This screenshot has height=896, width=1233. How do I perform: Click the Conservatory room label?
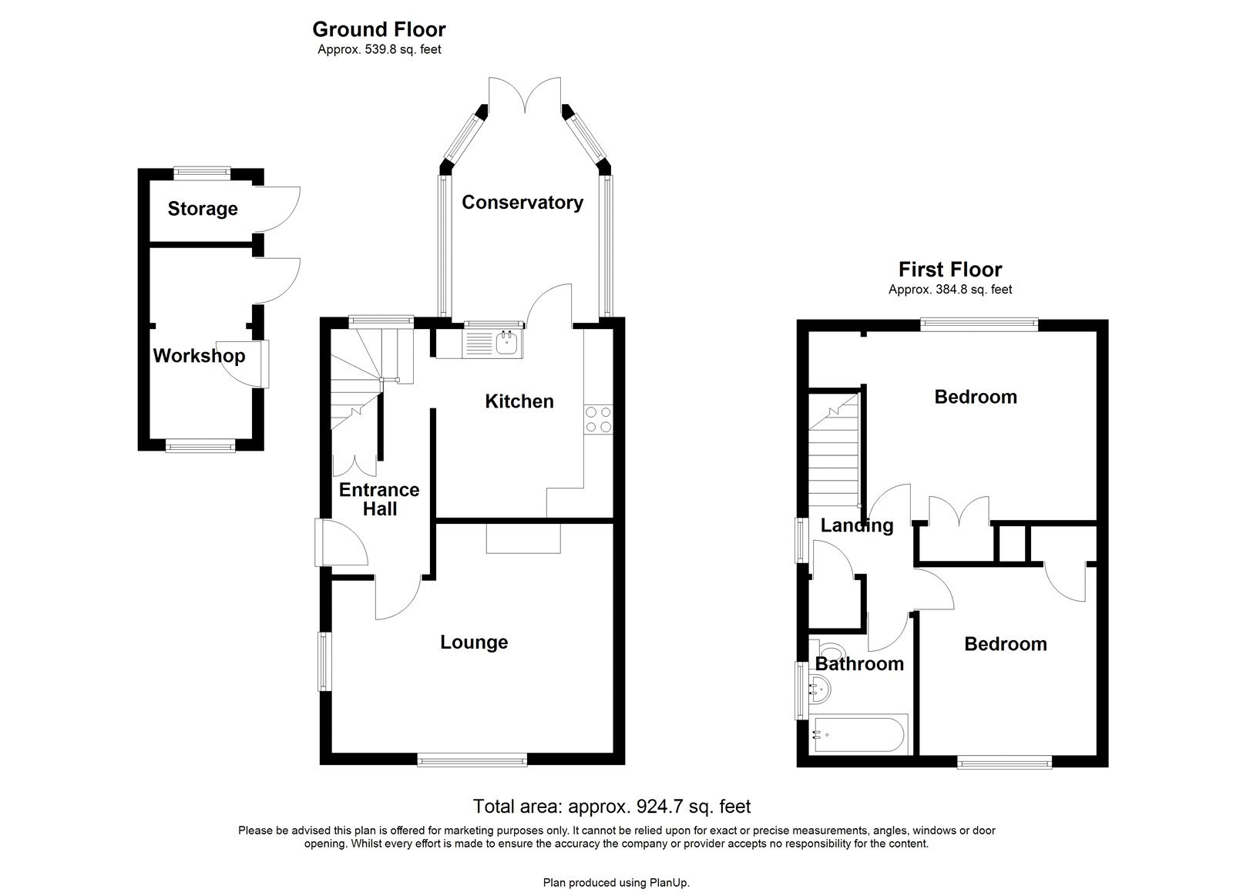(522, 203)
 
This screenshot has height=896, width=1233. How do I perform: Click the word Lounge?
(474, 643)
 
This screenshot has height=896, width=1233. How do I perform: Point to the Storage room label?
(203, 209)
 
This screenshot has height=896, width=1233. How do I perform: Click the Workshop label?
(199, 356)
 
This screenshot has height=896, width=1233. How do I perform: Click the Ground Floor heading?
(378, 29)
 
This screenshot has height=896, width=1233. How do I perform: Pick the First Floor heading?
(949, 270)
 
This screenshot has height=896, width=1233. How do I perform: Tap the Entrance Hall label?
(379, 499)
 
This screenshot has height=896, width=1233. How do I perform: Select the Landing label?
(856, 525)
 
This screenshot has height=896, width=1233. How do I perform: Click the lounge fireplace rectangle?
(523, 539)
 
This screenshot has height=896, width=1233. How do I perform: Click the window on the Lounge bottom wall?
(472, 760)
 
